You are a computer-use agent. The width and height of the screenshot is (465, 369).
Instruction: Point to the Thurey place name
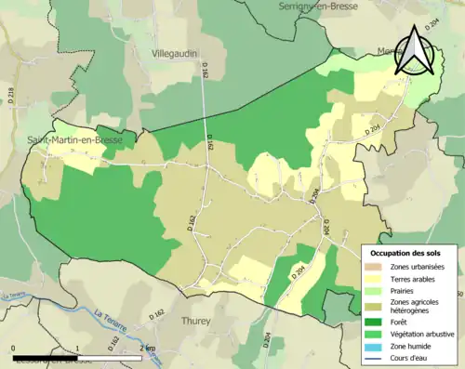[196, 321]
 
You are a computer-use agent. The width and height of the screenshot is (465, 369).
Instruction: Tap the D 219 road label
[10, 93]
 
